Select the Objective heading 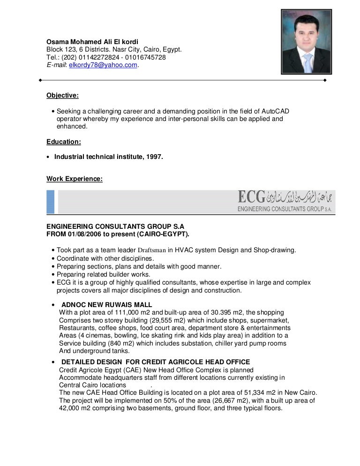point(62,96)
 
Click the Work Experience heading point(75,178)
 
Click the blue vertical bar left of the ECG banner point(50,203)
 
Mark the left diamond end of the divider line point(41,80)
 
